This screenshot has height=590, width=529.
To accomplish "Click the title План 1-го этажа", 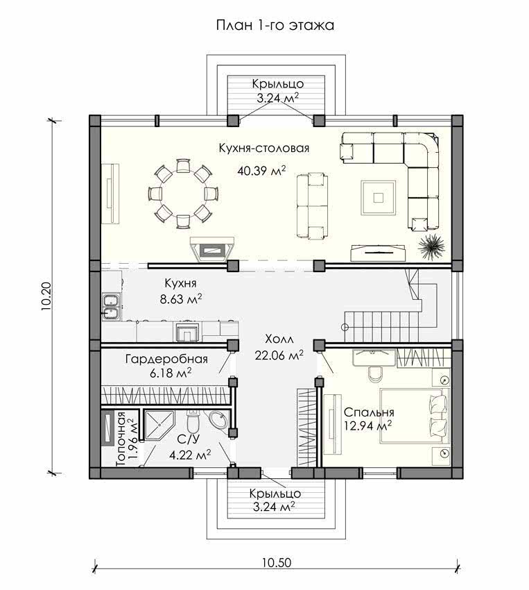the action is click(x=275, y=26).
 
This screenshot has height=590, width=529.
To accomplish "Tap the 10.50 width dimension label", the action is click(x=277, y=562).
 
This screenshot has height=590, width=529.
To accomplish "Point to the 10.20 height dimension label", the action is click(x=46, y=296).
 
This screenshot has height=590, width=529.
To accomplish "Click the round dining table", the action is click(x=183, y=194).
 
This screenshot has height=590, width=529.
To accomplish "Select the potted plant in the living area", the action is click(x=431, y=246).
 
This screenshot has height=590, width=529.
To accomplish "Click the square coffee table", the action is click(x=379, y=198).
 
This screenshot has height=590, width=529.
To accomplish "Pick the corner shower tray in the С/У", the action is click(x=159, y=424).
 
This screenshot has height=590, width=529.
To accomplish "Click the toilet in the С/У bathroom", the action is click(x=193, y=422).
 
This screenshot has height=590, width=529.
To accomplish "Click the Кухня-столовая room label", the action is click(x=264, y=149).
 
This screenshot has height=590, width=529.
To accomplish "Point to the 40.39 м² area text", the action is click(x=261, y=171).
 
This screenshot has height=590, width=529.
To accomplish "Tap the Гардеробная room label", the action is click(x=166, y=359).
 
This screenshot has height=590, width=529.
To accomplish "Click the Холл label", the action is click(x=279, y=339).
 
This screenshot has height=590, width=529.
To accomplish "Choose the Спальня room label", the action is click(x=369, y=412).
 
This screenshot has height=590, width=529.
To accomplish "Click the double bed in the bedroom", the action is click(x=415, y=416).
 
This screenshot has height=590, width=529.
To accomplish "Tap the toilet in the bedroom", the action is click(x=374, y=373).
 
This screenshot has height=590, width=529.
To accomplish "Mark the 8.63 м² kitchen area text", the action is click(x=181, y=300).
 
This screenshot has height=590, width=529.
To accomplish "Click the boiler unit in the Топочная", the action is click(x=108, y=428).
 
